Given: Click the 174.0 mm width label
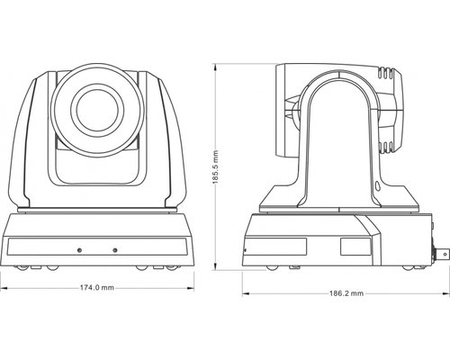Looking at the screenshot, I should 95,288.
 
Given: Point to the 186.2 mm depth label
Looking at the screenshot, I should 346,293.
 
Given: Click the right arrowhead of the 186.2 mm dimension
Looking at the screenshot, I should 444,293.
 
